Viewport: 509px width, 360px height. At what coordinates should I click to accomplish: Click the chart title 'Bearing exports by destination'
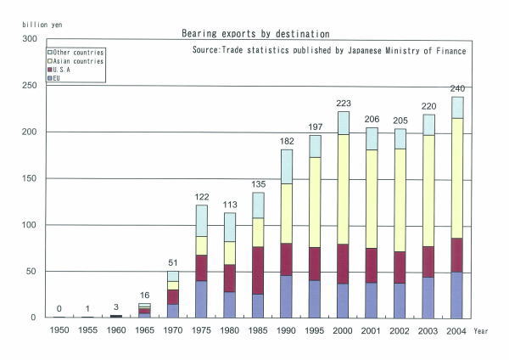pos(255,34)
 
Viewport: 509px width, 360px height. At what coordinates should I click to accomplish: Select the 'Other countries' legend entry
pos(76,53)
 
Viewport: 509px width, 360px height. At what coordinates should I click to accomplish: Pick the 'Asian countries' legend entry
pos(76,61)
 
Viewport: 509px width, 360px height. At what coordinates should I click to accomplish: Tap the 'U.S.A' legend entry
pos(64,70)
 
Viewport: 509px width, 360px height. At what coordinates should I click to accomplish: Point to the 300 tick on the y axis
pos(31,39)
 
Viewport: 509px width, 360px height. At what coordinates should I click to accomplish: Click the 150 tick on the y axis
pos(31,178)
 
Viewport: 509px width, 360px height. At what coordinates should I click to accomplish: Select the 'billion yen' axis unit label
pos(25,25)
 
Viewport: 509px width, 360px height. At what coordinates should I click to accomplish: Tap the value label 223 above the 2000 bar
pos(343,103)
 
